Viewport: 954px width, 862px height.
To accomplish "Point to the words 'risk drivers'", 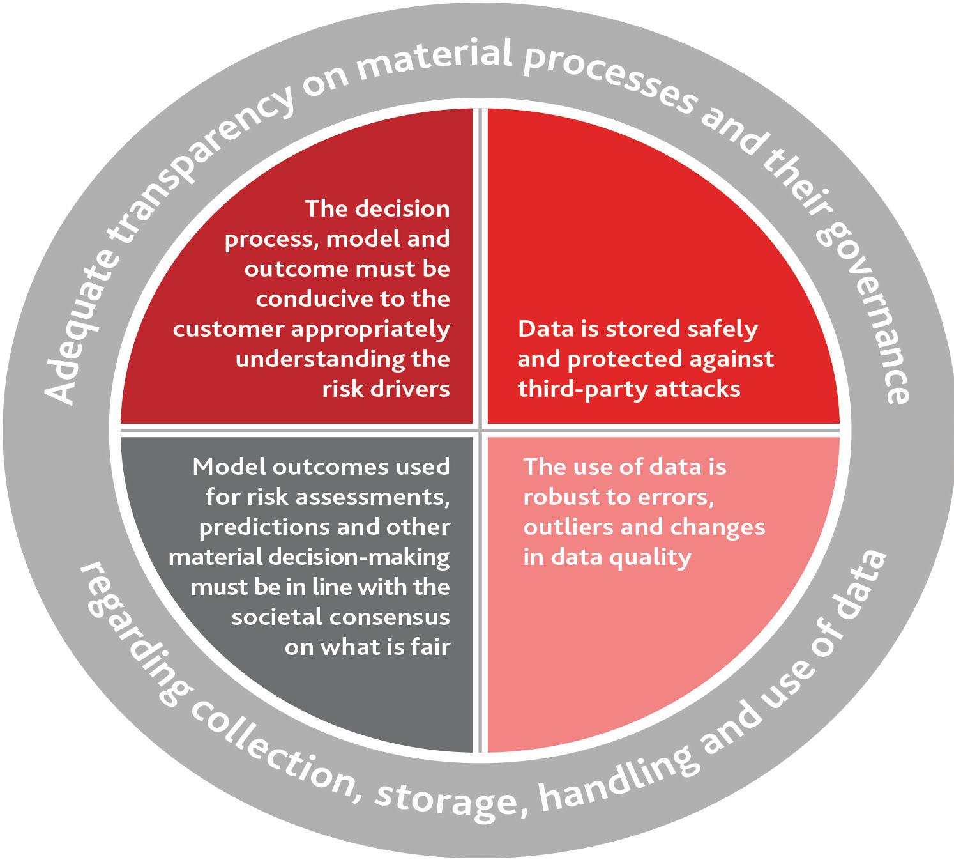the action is [386, 389].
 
